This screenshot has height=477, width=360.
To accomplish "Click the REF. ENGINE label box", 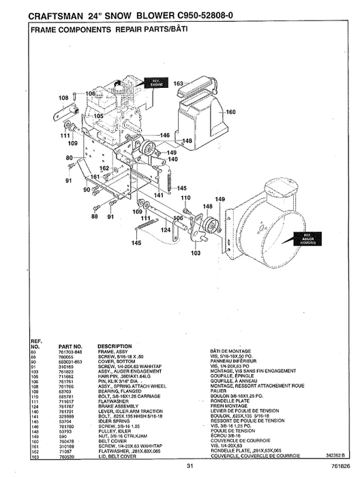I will click(x=157, y=84).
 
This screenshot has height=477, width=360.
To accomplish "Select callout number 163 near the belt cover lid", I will click(x=179, y=84).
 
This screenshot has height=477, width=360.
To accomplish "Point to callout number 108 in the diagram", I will click(x=63, y=98).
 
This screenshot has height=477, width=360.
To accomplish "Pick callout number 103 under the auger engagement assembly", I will click(x=196, y=252).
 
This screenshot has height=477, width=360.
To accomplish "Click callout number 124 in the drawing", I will click(x=165, y=230).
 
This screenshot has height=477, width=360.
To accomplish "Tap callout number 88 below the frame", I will click(x=94, y=217).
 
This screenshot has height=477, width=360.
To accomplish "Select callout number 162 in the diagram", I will click(x=104, y=168).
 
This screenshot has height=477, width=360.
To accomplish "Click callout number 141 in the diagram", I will click(x=158, y=195).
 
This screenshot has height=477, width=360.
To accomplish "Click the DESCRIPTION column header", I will click(x=119, y=345).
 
